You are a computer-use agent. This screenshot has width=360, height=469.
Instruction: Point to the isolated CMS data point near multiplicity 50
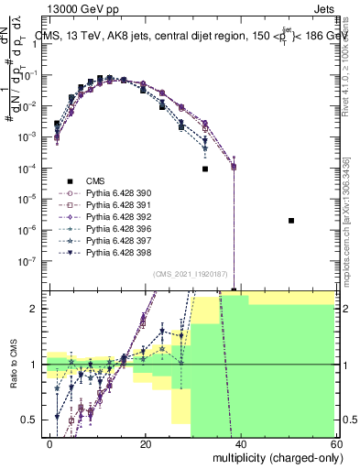[290, 221]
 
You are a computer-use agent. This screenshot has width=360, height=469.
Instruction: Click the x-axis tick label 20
[146, 443]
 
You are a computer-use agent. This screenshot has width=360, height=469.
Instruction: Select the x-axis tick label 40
[242, 443]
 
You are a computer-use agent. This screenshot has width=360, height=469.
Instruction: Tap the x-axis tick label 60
[337, 443]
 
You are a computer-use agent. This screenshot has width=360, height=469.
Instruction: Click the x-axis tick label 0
[50, 443]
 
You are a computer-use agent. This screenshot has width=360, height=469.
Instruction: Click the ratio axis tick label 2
[38, 309]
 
